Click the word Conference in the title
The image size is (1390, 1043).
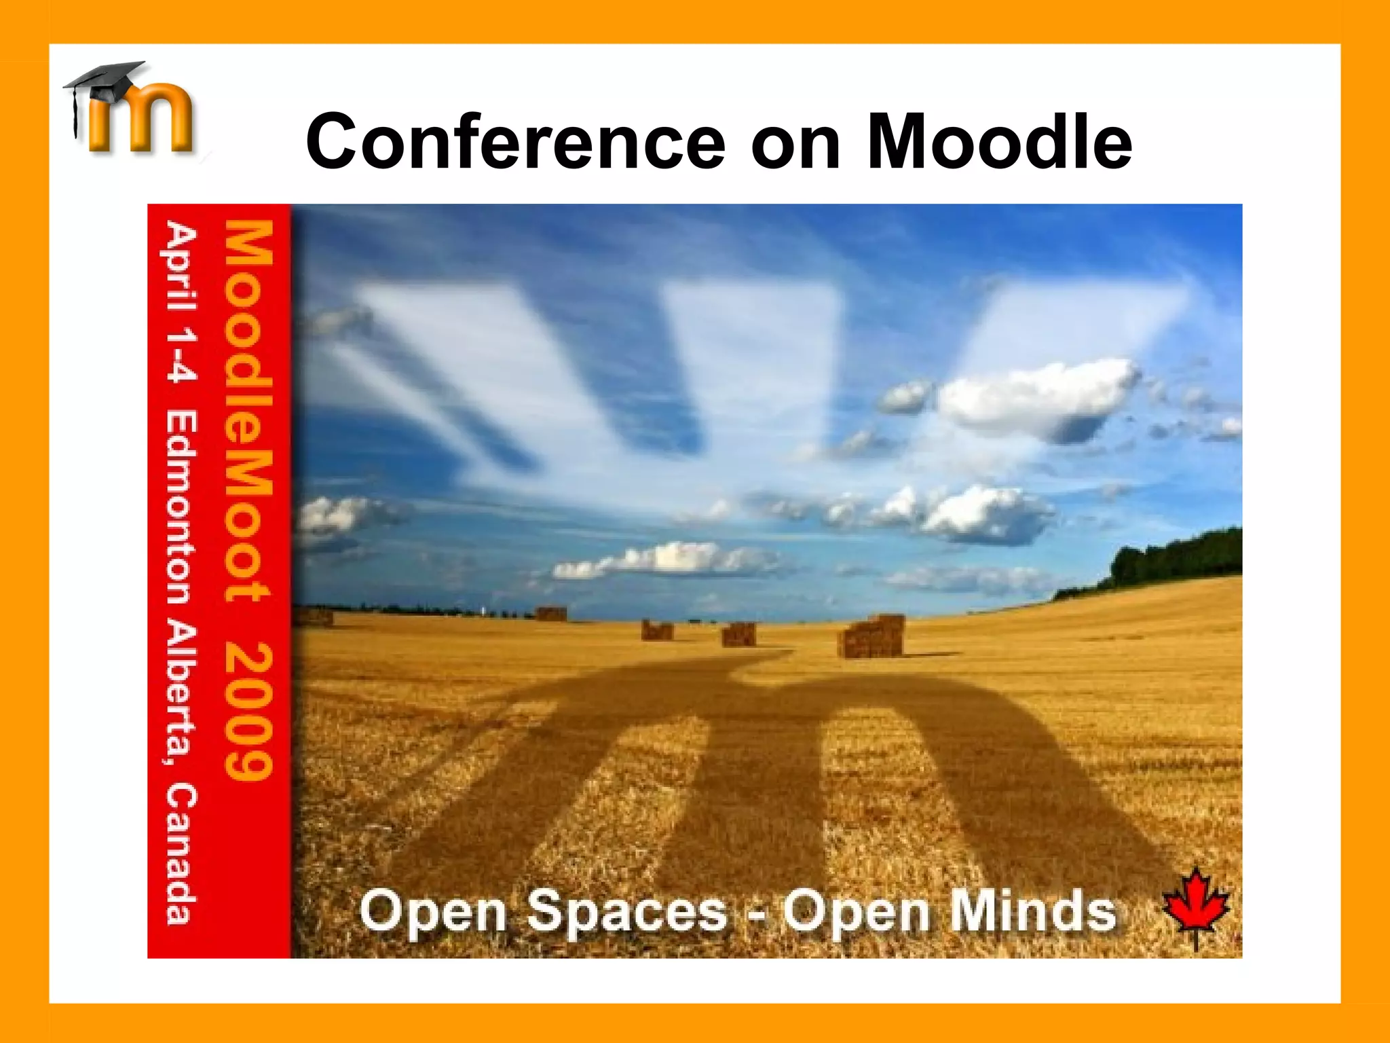516,141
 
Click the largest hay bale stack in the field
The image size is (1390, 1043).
871,636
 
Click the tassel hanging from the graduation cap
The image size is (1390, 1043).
75,112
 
